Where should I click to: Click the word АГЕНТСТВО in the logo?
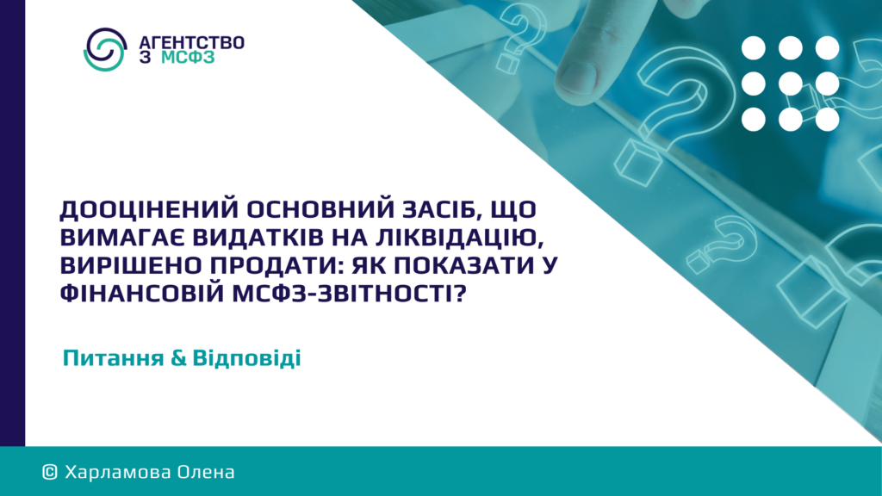191,43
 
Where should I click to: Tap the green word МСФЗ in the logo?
188,58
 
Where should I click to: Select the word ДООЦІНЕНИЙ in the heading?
150,210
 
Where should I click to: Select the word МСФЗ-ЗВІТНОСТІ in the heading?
350,293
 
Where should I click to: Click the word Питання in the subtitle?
113,358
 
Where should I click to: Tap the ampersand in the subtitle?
177,358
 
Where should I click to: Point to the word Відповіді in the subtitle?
247,358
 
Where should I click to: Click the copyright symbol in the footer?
50,473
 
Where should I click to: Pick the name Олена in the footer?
206,473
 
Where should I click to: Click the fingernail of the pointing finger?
578,77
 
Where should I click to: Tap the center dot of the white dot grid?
791,84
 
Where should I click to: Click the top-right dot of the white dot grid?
828,48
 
